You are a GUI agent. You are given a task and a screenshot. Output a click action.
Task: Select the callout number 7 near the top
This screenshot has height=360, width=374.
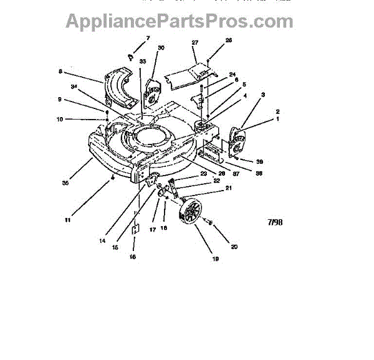[x=148, y=39]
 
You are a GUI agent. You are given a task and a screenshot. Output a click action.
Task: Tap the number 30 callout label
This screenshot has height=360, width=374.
[x=161, y=48]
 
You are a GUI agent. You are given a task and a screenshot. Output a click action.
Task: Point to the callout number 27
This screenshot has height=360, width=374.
[x=194, y=43]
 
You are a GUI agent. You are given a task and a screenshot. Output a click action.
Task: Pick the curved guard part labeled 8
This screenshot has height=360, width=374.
[x=122, y=87]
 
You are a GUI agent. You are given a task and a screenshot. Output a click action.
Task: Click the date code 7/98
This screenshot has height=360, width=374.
[x=274, y=220]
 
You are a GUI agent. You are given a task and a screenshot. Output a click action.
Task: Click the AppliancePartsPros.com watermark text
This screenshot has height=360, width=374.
[x=179, y=21]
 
